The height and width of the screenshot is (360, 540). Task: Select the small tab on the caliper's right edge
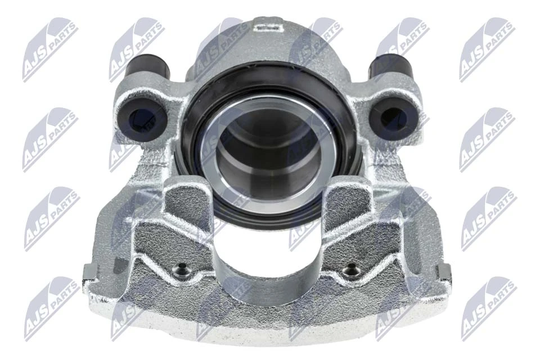(x=446, y=273)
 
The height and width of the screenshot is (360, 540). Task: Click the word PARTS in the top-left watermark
(x=62, y=40)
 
